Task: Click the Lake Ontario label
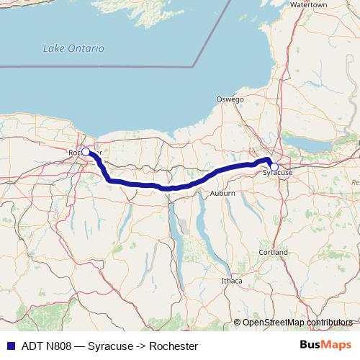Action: [73, 48]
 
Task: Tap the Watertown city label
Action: [308, 4]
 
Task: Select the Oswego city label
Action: [230, 99]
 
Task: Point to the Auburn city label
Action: [223, 194]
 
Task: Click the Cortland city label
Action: [274, 253]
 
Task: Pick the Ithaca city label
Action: [231, 279]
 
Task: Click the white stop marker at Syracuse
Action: [274, 166]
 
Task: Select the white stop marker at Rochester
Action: [86, 151]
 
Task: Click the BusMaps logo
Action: [325, 346]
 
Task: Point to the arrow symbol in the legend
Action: [144, 346]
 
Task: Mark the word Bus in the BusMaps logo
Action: [311, 346]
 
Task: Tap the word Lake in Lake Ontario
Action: [53, 48]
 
